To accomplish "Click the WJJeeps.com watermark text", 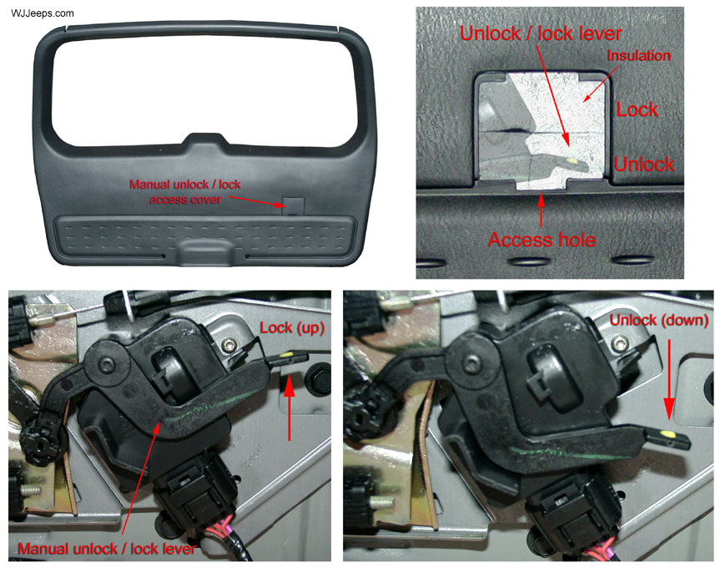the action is point(43,13).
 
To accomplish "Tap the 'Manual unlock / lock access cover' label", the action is point(185,192).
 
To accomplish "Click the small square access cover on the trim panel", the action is point(294,206).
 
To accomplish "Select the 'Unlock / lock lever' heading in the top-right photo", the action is point(541,33).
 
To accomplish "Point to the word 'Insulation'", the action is point(638,56).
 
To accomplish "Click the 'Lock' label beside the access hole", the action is point(638,109).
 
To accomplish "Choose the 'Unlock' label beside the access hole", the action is point(644,165).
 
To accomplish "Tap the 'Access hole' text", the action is point(542,240).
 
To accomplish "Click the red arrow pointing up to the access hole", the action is point(542,210).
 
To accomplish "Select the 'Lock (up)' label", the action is point(292,327).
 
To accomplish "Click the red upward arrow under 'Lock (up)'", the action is point(290,408).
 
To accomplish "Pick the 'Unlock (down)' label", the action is point(659,321).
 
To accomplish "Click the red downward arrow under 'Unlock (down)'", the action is point(669,379).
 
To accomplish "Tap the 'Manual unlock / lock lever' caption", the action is point(107,549).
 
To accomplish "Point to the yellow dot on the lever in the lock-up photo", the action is point(286,355).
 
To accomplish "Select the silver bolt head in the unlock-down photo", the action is point(622,342).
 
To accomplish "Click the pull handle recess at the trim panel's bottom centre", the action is point(205,251).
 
